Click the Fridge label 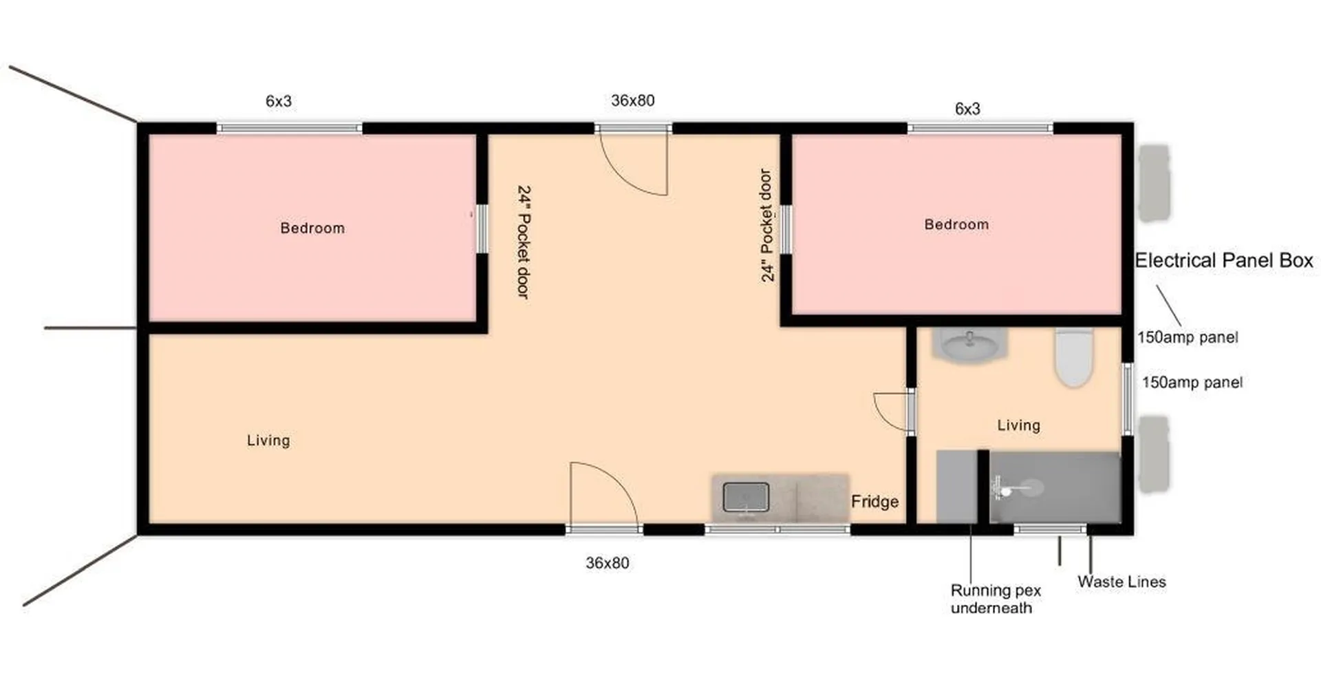(874, 502)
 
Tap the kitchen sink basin (746, 497)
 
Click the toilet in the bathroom (1074, 357)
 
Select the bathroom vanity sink (970, 344)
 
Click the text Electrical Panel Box (1223, 261)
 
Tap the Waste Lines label (1121, 582)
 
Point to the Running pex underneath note (995, 599)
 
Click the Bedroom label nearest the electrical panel (956, 224)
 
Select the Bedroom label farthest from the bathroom (312, 228)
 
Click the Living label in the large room (268, 440)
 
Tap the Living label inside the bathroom (1019, 425)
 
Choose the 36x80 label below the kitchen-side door (607, 563)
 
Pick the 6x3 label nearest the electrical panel (967, 109)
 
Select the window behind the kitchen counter (778, 529)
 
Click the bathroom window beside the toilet (1128, 398)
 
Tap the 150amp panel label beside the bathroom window (1192, 383)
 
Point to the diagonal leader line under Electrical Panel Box (1168, 306)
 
